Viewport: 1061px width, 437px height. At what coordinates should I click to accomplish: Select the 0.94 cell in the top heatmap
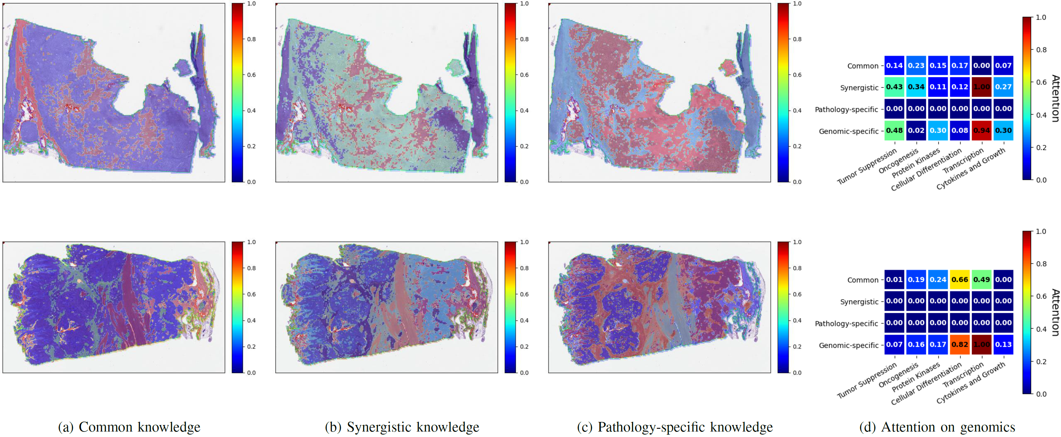[x=981, y=131]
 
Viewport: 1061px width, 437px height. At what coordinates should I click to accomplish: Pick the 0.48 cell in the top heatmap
[x=894, y=131]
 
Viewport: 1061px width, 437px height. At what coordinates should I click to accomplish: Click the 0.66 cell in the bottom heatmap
[x=960, y=280]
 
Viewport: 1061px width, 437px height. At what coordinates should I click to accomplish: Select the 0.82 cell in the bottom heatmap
[x=960, y=345]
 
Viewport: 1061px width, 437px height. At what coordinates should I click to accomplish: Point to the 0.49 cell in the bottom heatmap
[x=981, y=280]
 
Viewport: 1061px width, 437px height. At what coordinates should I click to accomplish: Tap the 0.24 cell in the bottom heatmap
[x=938, y=280]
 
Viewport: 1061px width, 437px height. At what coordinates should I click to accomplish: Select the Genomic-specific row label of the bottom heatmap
[x=848, y=345]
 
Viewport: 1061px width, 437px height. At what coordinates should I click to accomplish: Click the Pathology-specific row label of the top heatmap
[x=846, y=109]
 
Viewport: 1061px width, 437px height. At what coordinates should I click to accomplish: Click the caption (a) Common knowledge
[x=129, y=427]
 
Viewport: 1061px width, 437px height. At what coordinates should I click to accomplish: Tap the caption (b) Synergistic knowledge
[x=402, y=427]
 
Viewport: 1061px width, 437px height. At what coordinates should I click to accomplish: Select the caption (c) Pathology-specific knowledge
[x=675, y=427]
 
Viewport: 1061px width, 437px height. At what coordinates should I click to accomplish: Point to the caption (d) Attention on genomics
[x=937, y=427]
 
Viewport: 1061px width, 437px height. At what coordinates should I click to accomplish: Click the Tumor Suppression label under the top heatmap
[x=867, y=166]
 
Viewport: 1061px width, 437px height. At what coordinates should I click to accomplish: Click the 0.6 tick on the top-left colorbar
[x=251, y=75]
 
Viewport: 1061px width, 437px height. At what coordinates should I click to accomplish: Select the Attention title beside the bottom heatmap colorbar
[x=1055, y=313]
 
